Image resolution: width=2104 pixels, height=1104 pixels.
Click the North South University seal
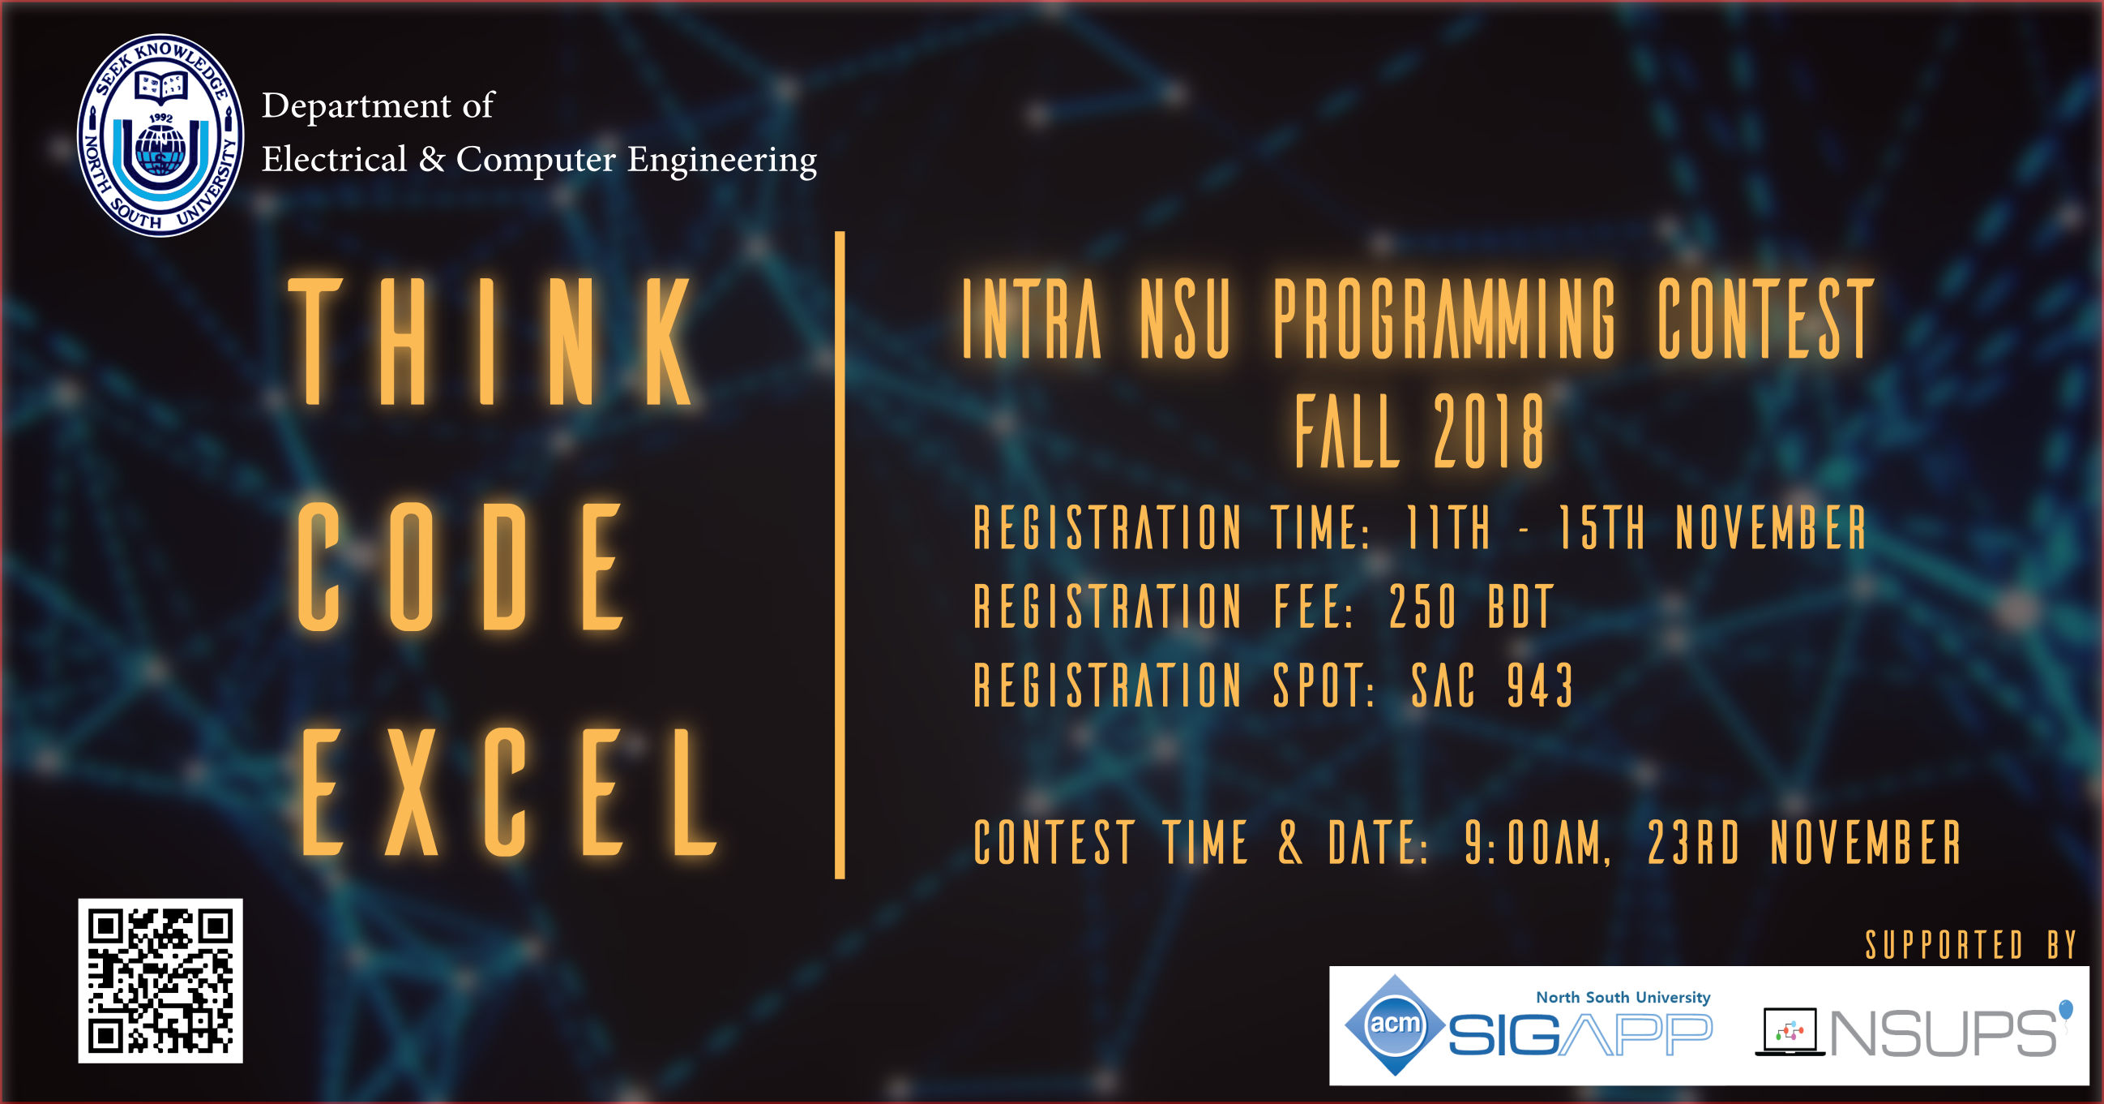[x=160, y=135]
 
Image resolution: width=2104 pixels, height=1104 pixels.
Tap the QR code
[x=160, y=981]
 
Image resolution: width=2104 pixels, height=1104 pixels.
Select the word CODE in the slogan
[x=460, y=566]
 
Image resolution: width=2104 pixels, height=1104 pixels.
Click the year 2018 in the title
[x=1490, y=431]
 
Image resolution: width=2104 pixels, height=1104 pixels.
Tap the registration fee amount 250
[x=1423, y=606]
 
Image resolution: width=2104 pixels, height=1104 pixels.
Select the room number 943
[x=1541, y=685]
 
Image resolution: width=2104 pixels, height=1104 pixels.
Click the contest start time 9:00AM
[x=1537, y=842]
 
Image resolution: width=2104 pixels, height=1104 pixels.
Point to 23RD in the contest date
[x=1693, y=842]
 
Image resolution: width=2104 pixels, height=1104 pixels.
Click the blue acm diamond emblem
[x=1395, y=1025]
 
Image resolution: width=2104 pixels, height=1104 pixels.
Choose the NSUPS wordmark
[x=1944, y=1033]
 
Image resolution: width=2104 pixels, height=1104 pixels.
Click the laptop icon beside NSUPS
[x=1790, y=1031]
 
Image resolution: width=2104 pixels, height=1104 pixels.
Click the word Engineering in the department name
[x=722, y=160]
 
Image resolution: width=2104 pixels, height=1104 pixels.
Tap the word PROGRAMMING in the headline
[x=1445, y=318]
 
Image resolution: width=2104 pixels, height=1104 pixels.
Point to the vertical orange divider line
[x=840, y=555]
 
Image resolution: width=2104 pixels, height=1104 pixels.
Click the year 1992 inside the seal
[x=161, y=118]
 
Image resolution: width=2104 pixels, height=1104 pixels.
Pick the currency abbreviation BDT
[x=1520, y=606]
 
